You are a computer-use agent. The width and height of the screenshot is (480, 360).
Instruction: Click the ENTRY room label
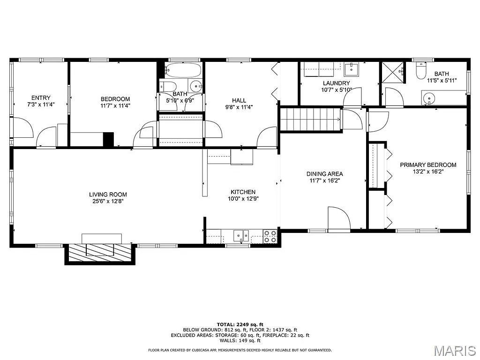point(41,98)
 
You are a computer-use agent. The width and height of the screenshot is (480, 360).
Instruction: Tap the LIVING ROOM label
point(108,195)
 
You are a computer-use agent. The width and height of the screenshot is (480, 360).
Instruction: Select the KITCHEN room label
point(243,192)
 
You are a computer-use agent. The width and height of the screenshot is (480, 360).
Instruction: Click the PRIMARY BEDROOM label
point(427,165)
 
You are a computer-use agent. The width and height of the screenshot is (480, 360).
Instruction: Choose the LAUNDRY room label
point(336,83)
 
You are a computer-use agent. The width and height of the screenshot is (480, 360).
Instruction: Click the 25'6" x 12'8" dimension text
point(108,201)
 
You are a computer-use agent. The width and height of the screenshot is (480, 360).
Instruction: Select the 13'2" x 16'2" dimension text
point(427,172)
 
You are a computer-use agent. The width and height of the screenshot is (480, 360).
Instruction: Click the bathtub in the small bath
point(183,70)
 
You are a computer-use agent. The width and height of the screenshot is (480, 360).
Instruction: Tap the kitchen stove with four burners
point(270,236)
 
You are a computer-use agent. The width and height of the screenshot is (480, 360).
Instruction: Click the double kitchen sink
point(242,235)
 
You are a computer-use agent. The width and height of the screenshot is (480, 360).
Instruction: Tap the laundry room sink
point(352,69)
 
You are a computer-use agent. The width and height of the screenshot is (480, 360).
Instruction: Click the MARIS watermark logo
point(454,350)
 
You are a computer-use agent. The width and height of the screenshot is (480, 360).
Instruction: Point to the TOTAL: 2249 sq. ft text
point(240,324)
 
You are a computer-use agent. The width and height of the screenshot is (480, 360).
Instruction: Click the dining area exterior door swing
point(339,219)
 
